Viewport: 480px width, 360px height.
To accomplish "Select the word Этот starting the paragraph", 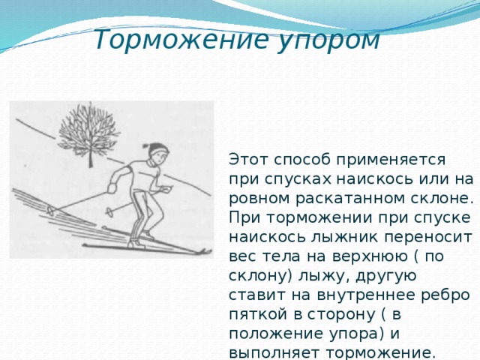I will coord(251,160).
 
